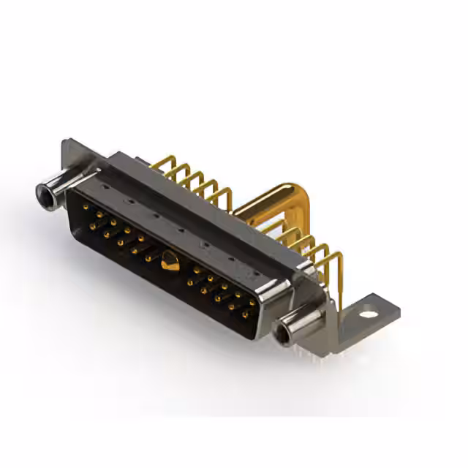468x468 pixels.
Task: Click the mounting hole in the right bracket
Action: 369,314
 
